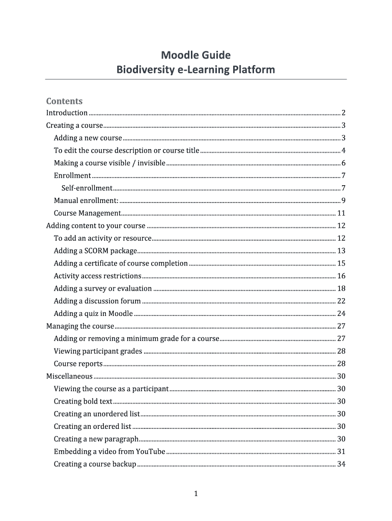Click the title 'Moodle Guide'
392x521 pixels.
pyautogui.click(x=196, y=55)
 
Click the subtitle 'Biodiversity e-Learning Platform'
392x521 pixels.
pyautogui.click(x=196, y=69)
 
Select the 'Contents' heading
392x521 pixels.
pyautogui.click(x=64, y=101)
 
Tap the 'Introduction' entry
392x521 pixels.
pyautogui.click(x=67, y=113)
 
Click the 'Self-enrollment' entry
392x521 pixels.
pyautogui.click(x=87, y=188)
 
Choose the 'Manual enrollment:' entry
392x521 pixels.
pyautogui.click(x=86, y=200)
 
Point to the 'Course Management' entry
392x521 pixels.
pyautogui.click(x=87, y=213)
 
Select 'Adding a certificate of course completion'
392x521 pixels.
pyautogui.click(x=121, y=263)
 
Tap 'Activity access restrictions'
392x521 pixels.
pyautogui.click(x=97, y=276)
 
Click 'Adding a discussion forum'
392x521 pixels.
pyautogui.click(x=97, y=301)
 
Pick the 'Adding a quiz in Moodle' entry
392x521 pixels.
pyautogui.click(x=93, y=313)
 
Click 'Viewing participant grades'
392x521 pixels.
pyautogui.click(x=98, y=351)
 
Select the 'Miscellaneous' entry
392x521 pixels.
pyautogui.click(x=69, y=376)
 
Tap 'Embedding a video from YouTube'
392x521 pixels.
pyautogui.click(x=109, y=451)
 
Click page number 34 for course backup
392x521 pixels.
pyautogui.click(x=342, y=464)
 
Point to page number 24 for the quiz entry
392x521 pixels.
pyautogui.click(x=342, y=313)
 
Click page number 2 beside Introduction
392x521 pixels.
pyautogui.click(x=344, y=113)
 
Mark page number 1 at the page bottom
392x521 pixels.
pyautogui.click(x=195, y=494)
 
